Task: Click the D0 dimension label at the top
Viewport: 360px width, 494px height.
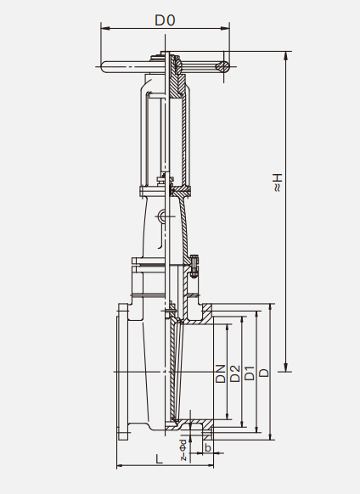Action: coord(165,20)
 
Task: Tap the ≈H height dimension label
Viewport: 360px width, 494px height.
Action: coord(278,182)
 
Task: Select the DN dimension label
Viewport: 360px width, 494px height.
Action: coord(221,374)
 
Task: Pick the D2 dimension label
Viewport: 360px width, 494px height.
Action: coord(235,373)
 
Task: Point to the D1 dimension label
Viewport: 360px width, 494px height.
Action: coord(250,373)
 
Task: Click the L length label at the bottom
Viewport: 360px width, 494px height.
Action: coord(160,459)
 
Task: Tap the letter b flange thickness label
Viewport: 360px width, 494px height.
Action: coord(208,447)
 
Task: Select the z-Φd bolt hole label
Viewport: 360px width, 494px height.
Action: coord(183,450)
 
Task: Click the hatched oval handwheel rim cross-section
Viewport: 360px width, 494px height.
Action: coord(222,66)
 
